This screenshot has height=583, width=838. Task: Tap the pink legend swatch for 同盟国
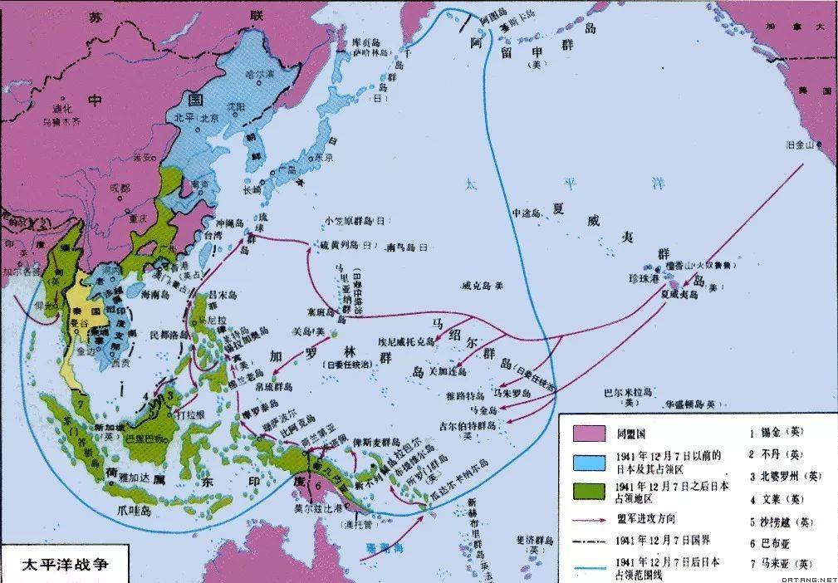pos(590,433)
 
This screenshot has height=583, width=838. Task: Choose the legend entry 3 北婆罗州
pos(781,477)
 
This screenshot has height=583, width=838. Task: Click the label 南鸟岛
pos(404,247)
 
